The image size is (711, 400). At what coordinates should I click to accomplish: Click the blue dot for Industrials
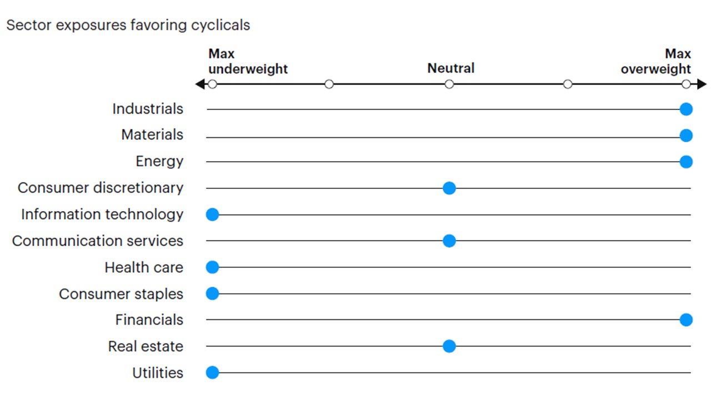click(686, 109)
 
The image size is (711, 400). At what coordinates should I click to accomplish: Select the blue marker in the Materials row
click(686, 136)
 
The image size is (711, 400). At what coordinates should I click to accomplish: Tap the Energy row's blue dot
click(686, 162)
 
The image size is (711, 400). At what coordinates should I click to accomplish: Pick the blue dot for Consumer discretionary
click(449, 188)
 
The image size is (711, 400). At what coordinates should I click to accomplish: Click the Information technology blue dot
click(212, 214)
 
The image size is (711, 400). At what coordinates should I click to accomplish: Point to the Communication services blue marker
click(449, 241)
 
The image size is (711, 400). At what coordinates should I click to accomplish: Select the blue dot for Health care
click(212, 267)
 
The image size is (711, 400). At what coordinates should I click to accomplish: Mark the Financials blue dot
click(686, 320)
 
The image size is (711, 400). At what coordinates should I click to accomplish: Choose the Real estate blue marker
click(449, 347)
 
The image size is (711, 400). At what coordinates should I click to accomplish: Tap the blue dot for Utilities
click(212, 373)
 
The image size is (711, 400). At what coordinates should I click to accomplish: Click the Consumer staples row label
click(121, 294)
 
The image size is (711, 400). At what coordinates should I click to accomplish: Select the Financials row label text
click(149, 320)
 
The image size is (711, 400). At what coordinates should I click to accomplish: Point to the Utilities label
click(158, 373)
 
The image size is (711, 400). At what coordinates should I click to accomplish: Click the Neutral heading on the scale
click(450, 69)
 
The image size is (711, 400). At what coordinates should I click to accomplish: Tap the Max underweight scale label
click(248, 62)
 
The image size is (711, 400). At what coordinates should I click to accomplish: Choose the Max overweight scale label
click(656, 62)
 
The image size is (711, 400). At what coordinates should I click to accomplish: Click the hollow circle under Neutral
click(449, 84)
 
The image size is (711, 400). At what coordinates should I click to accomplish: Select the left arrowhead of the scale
click(199, 84)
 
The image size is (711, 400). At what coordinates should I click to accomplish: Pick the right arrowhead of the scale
click(702, 84)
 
